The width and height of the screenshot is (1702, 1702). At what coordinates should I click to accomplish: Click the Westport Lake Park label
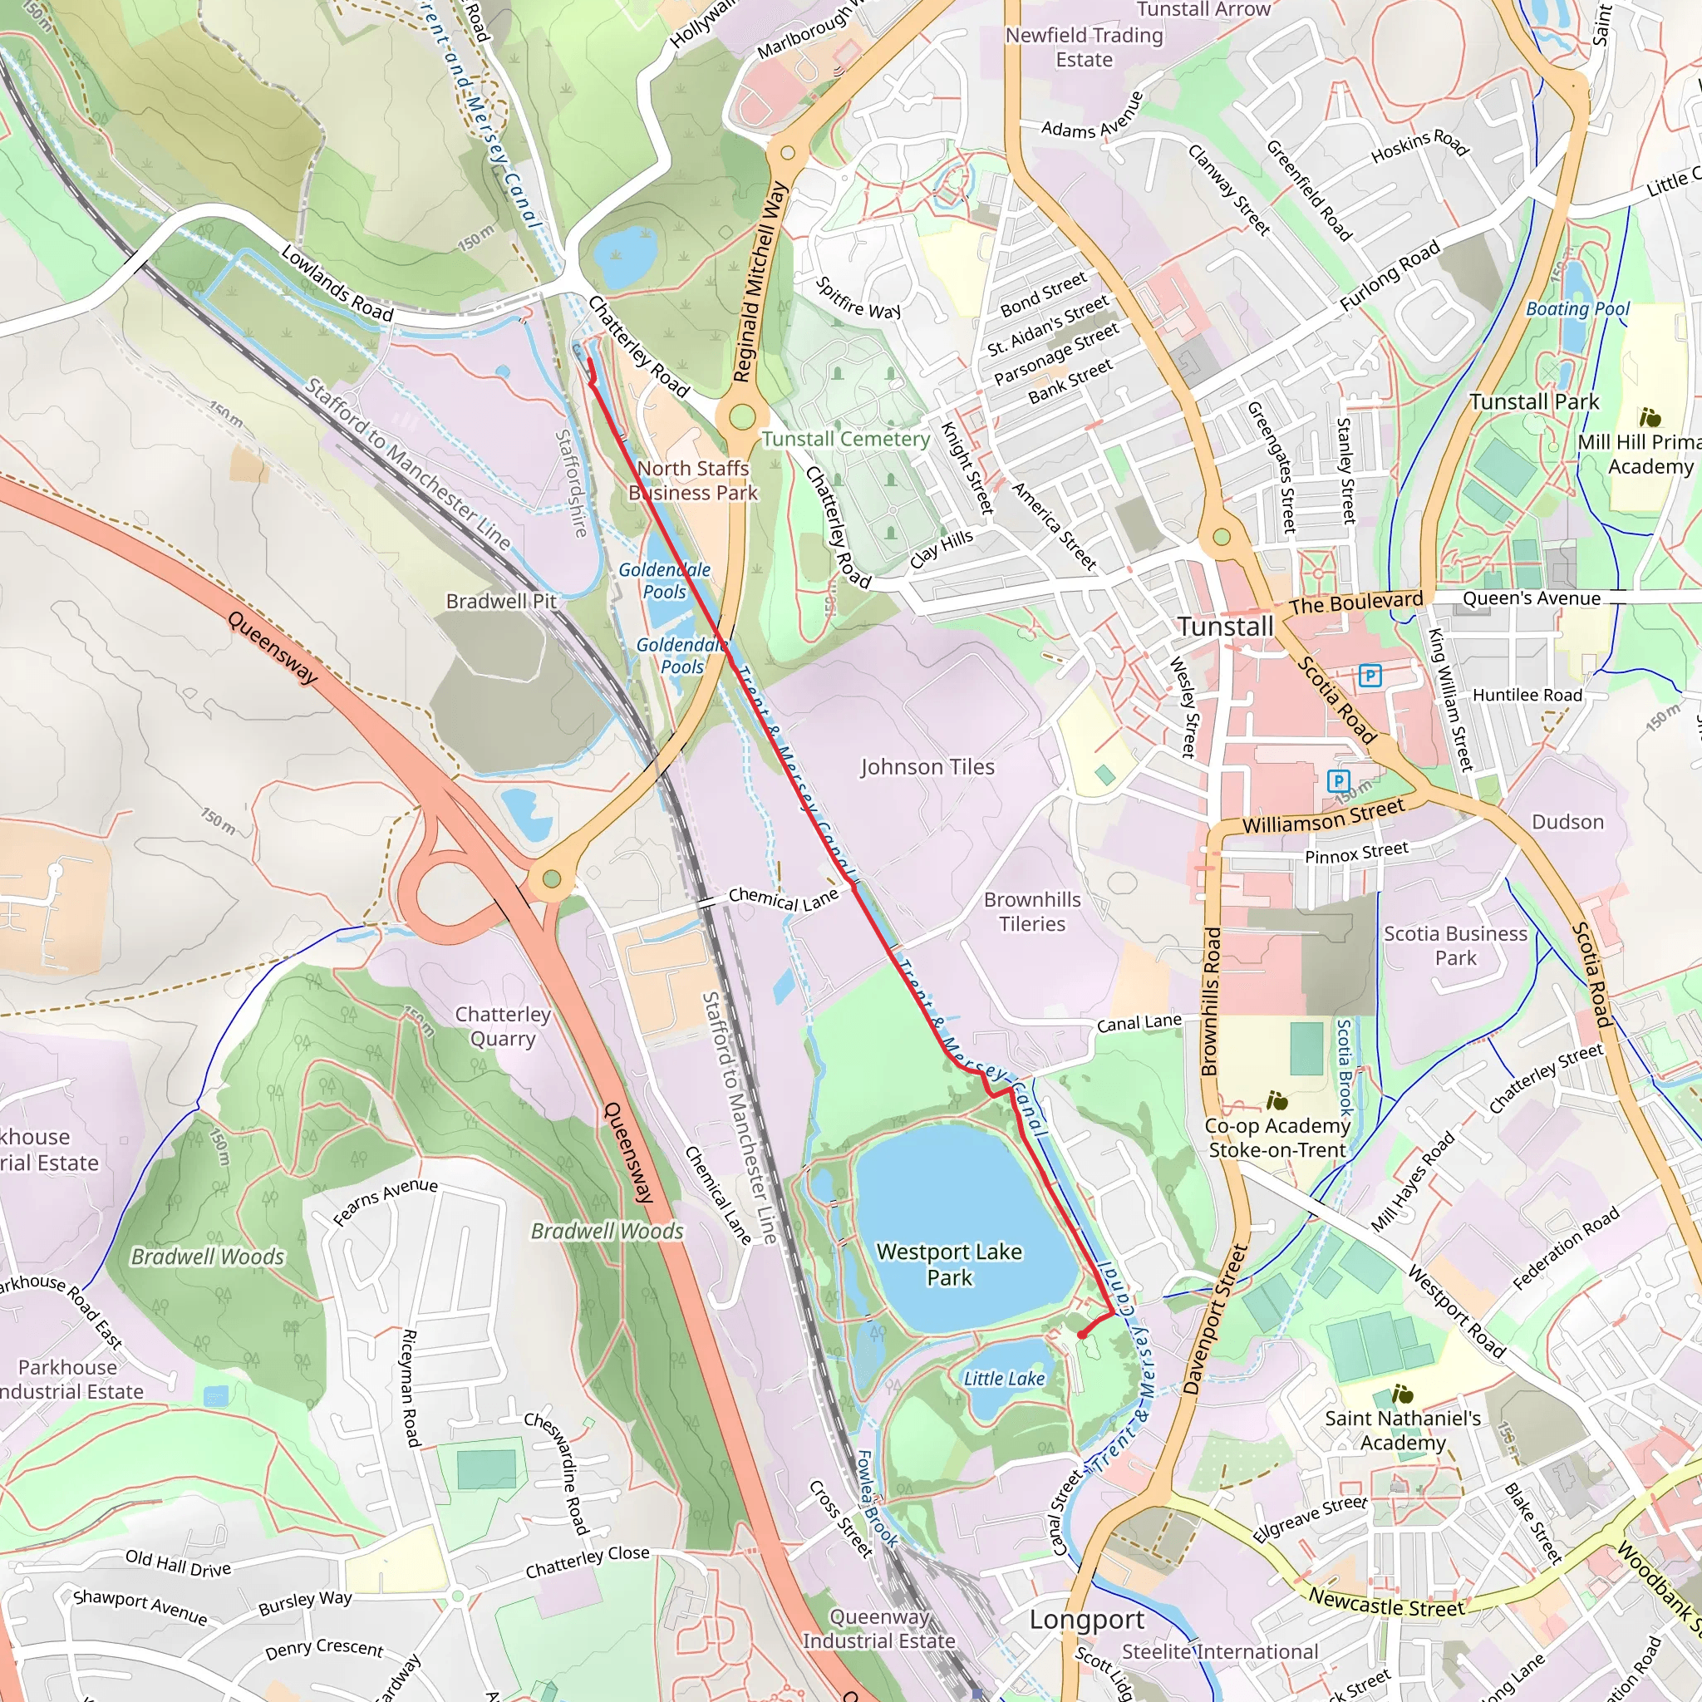click(949, 1264)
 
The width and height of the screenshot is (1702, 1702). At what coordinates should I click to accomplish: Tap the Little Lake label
click(1003, 1379)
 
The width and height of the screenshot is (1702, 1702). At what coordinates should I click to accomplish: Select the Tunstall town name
click(1226, 627)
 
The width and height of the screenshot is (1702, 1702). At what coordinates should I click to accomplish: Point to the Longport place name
click(1087, 1620)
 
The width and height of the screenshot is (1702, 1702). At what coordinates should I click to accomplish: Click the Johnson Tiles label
click(927, 767)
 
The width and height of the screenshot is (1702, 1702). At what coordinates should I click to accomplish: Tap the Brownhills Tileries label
click(1031, 912)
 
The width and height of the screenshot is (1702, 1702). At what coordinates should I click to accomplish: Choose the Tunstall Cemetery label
click(846, 439)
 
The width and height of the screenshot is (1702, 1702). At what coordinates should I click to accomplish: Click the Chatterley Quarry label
click(502, 1026)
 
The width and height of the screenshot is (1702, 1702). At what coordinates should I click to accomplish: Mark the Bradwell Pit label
click(501, 601)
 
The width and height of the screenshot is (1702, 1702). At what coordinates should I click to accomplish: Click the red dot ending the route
click(1082, 1335)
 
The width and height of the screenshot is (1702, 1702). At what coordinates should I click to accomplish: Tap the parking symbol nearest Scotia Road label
click(1370, 676)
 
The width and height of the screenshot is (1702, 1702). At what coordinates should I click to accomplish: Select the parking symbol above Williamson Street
click(1338, 780)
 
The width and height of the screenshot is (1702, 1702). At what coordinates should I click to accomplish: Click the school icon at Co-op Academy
click(1276, 1100)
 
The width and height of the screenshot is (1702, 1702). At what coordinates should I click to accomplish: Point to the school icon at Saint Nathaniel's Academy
click(1403, 1395)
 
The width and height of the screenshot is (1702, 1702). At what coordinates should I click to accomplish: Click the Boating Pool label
click(1578, 309)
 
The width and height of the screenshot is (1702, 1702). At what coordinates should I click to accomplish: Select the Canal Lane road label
click(1139, 1023)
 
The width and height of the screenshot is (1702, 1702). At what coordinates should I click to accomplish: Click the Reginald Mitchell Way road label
click(760, 282)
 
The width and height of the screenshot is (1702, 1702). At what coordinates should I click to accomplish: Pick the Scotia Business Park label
click(1455, 945)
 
